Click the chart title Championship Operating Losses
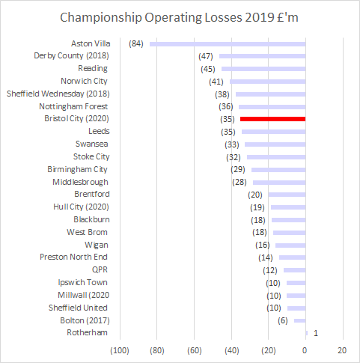(180, 17)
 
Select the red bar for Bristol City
(272, 119)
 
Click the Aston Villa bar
(228, 44)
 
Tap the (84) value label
(136, 44)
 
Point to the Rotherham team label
(87, 332)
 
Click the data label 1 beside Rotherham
(316, 332)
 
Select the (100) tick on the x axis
(120, 350)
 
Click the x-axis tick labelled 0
(305, 350)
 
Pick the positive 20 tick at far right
(342, 350)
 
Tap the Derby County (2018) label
(71, 55)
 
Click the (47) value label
(207, 56)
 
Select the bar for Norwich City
(267, 82)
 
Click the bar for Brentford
(287, 195)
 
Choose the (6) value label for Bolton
(282, 320)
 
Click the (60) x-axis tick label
(194, 350)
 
